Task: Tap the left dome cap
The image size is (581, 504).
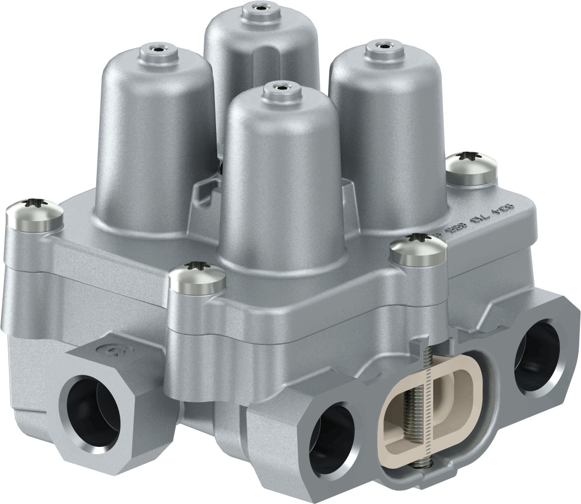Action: click(x=151, y=140)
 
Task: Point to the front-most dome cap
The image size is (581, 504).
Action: click(x=280, y=179)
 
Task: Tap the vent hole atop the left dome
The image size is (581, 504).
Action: click(x=153, y=49)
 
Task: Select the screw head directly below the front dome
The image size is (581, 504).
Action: click(x=197, y=277)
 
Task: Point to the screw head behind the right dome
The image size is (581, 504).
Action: click(x=472, y=167)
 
